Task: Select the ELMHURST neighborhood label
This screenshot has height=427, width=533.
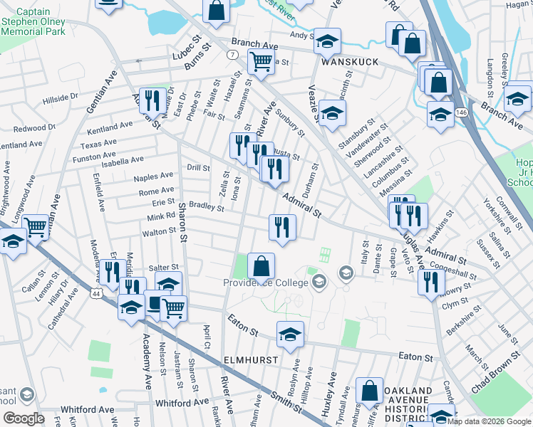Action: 250,360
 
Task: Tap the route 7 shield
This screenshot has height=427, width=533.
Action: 232,54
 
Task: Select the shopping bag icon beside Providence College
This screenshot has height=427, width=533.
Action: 262,266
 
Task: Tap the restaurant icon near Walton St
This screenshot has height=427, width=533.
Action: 282,227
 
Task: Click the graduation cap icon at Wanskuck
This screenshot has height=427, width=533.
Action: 328,41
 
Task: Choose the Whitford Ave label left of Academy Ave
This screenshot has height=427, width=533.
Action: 88,409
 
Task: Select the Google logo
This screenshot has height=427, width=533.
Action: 24,418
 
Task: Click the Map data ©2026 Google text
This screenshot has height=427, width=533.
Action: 489,421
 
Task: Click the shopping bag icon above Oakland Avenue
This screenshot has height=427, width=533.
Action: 370,390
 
